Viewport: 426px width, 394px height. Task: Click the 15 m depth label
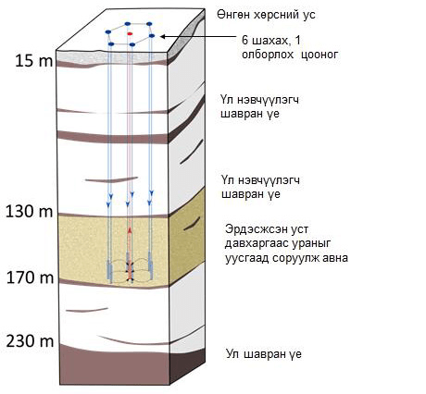click(x=34, y=61)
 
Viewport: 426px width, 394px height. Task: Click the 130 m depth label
click(x=30, y=212)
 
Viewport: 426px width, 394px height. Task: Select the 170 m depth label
click(x=30, y=277)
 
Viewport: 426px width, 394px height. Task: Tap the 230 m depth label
click(x=30, y=341)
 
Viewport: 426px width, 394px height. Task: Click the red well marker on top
click(x=130, y=33)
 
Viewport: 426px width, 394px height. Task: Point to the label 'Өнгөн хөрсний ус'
click(x=266, y=15)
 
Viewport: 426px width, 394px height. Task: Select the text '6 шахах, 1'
click(x=271, y=40)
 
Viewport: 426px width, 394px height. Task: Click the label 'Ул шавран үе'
click(x=264, y=353)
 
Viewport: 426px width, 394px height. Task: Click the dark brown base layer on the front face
click(x=115, y=368)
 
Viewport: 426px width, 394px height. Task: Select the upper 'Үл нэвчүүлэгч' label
click(x=260, y=100)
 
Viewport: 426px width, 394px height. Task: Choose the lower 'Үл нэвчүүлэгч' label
click(x=260, y=179)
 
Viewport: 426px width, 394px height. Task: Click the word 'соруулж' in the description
click(x=295, y=257)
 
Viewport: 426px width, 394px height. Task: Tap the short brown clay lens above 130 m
click(x=111, y=179)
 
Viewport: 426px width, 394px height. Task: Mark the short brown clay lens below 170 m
click(x=87, y=310)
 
